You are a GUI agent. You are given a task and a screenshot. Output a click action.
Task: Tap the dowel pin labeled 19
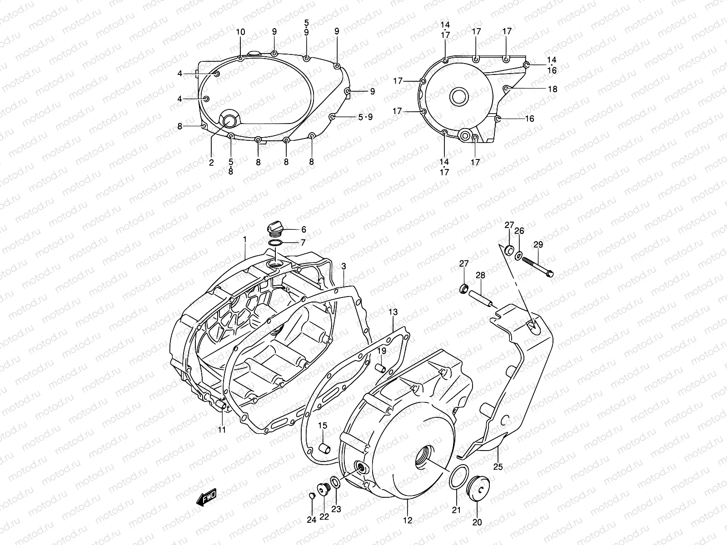pyautogui.click(x=381, y=367)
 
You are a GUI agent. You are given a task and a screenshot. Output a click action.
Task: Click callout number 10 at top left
pyautogui.click(x=240, y=32)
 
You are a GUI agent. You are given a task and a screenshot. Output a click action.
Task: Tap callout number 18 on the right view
pyautogui.click(x=552, y=89)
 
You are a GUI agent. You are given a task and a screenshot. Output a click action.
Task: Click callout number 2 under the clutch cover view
pyautogui.click(x=211, y=163)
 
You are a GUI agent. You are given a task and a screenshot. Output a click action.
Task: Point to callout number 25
pyautogui.click(x=498, y=467)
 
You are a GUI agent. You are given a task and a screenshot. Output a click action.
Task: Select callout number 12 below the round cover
pyautogui.click(x=408, y=520)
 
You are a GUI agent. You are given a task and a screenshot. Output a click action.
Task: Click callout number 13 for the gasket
pyautogui.click(x=393, y=312)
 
